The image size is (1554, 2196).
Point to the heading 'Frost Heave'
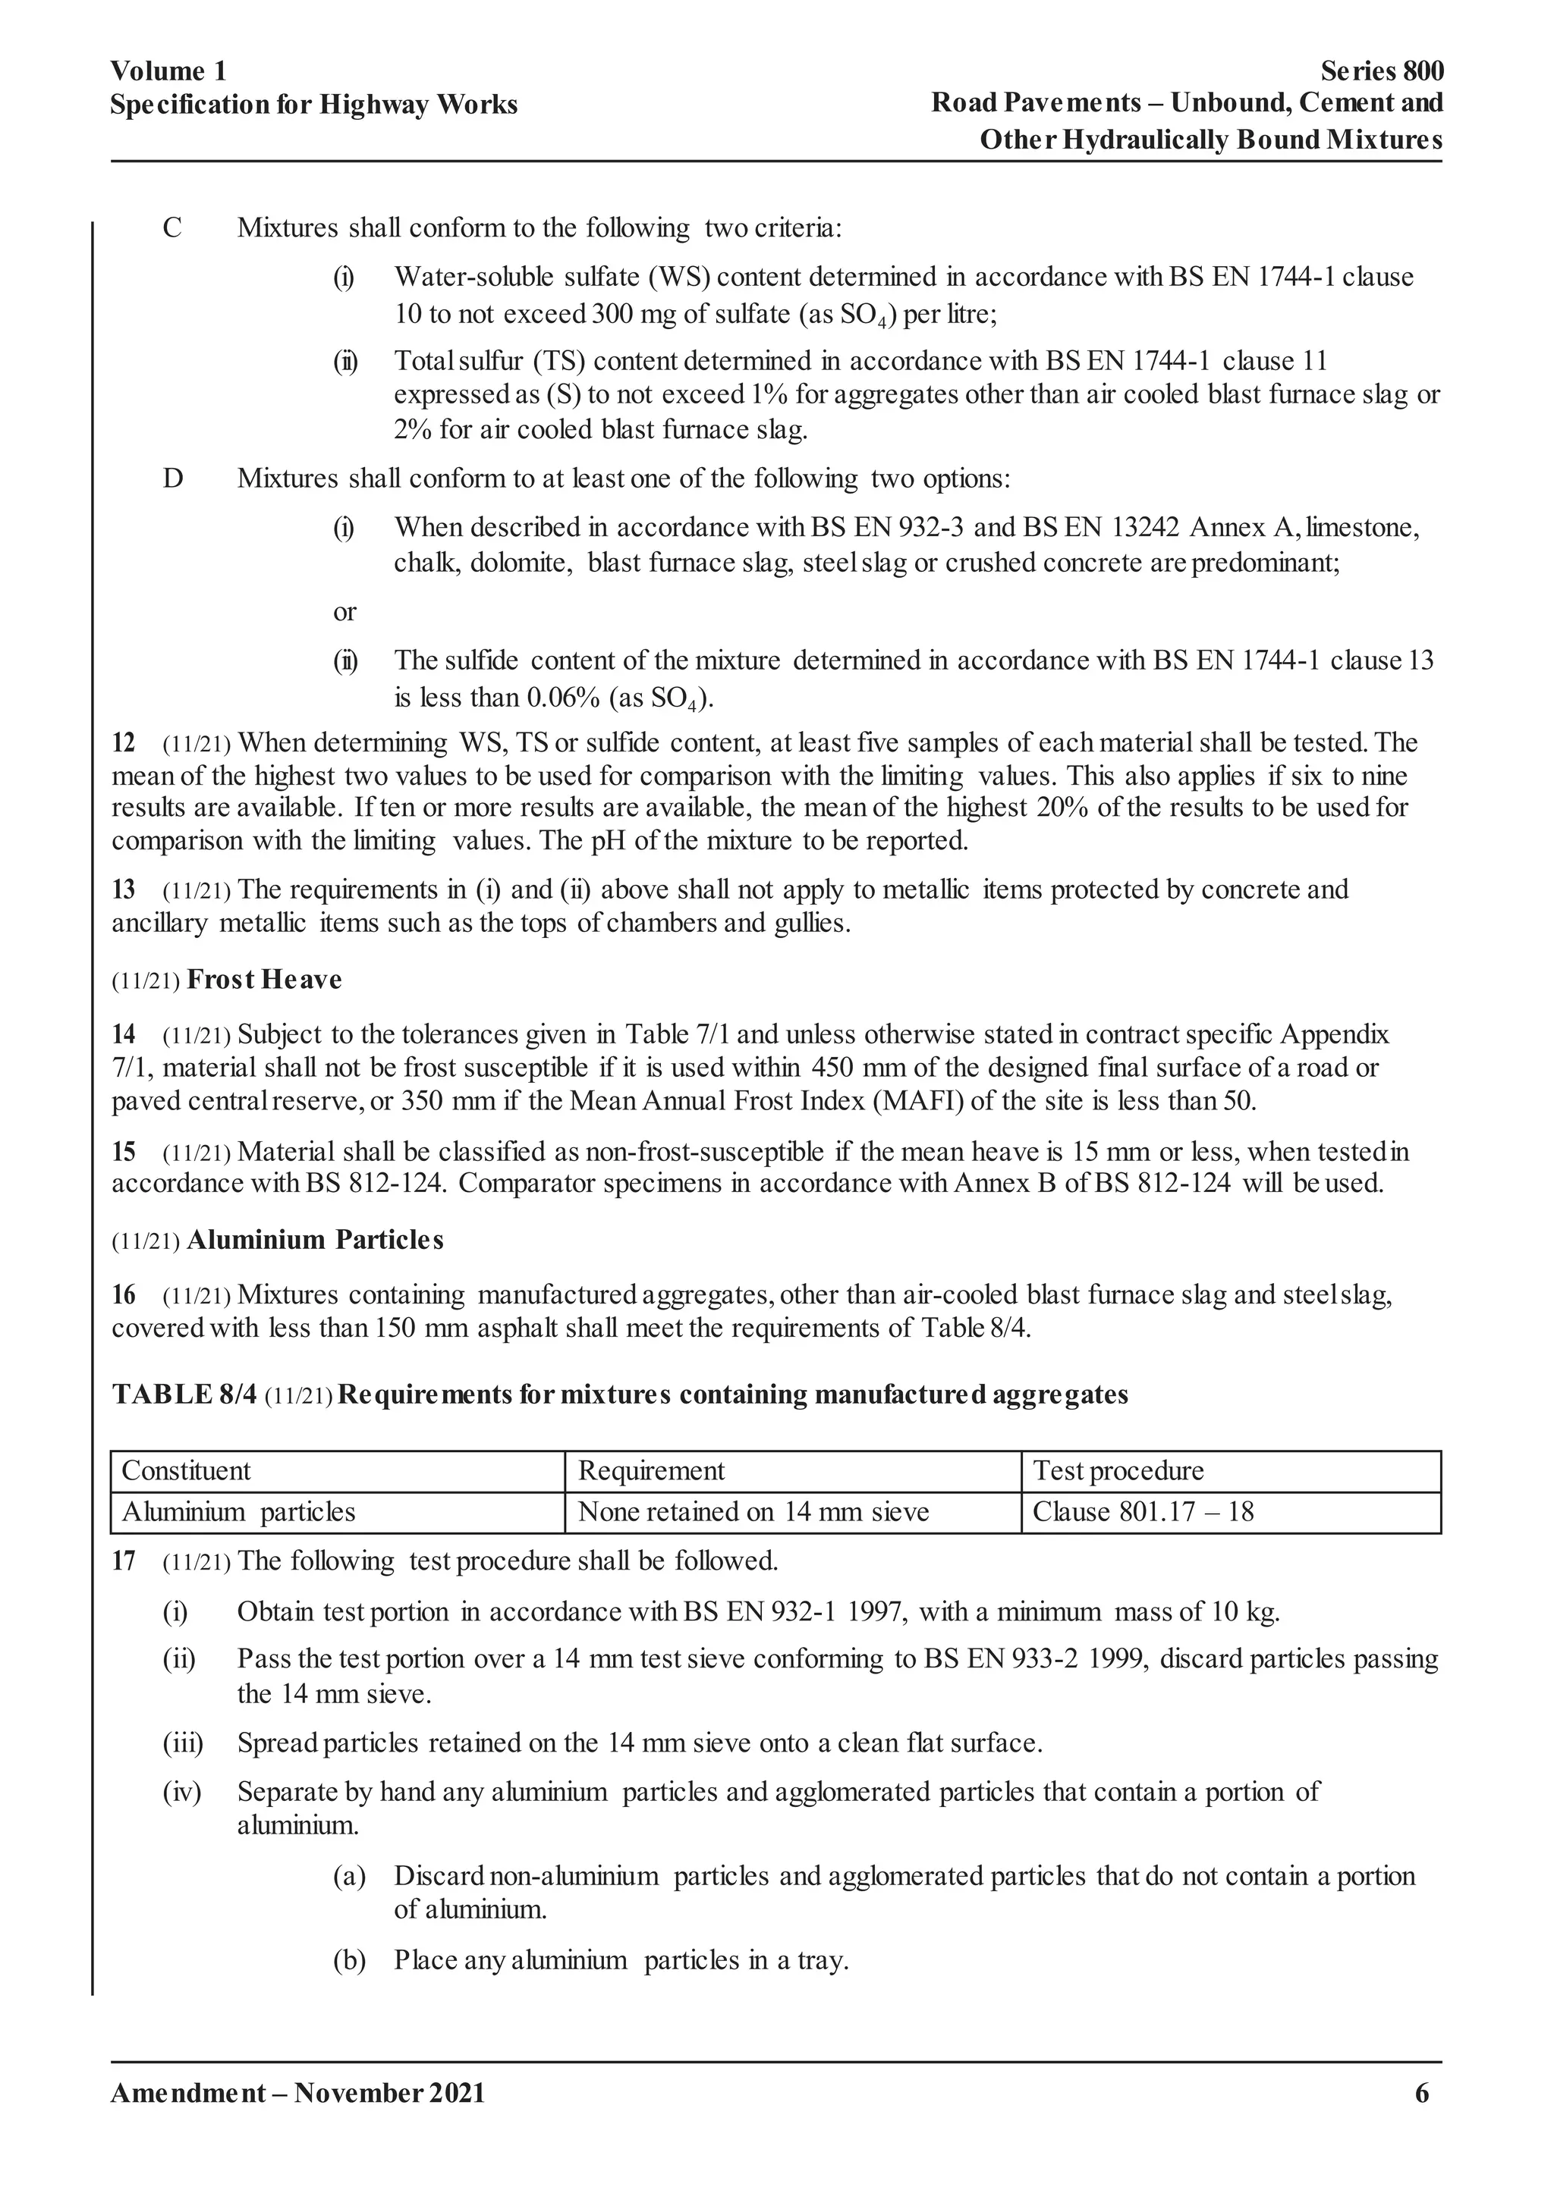click(x=264, y=980)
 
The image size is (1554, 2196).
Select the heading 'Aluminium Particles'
click(x=315, y=1240)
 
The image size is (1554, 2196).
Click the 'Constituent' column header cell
click(x=186, y=1471)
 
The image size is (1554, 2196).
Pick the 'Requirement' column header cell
click(x=651, y=1471)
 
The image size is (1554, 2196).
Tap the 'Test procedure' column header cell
click(x=1118, y=1471)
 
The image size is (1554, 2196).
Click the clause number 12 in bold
click(x=124, y=743)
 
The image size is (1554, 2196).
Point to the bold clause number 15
click(x=124, y=1152)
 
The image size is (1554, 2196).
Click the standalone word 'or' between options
click(x=344, y=612)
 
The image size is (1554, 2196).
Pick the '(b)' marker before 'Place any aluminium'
click(x=349, y=1961)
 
